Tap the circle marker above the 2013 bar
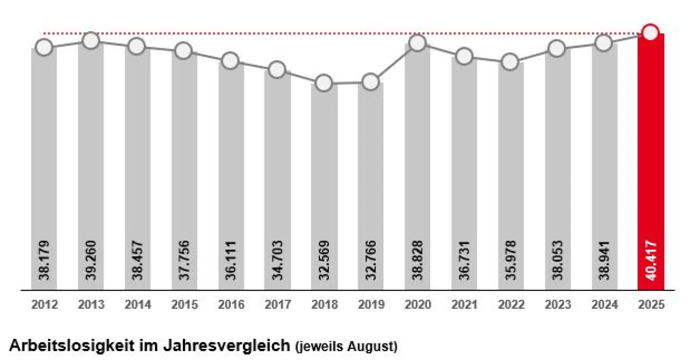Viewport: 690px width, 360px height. (x=91, y=41)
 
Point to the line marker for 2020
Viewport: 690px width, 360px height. (x=417, y=43)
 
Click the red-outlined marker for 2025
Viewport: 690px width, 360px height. (x=650, y=33)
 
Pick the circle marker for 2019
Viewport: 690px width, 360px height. (x=371, y=82)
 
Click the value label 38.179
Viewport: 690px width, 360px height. (x=44, y=260)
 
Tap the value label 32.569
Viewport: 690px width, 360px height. (x=324, y=260)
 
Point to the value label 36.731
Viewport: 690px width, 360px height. (x=464, y=260)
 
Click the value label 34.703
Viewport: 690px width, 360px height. (x=277, y=260)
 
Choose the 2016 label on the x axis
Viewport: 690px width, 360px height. (x=231, y=305)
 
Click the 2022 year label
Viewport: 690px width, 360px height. (x=511, y=305)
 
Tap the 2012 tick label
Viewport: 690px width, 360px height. (x=45, y=305)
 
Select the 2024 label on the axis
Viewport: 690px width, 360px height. (x=604, y=305)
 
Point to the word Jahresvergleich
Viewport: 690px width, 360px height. (x=226, y=346)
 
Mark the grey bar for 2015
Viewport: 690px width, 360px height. (x=184, y=172)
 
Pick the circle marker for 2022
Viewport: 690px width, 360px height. (x=510, y=62)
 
